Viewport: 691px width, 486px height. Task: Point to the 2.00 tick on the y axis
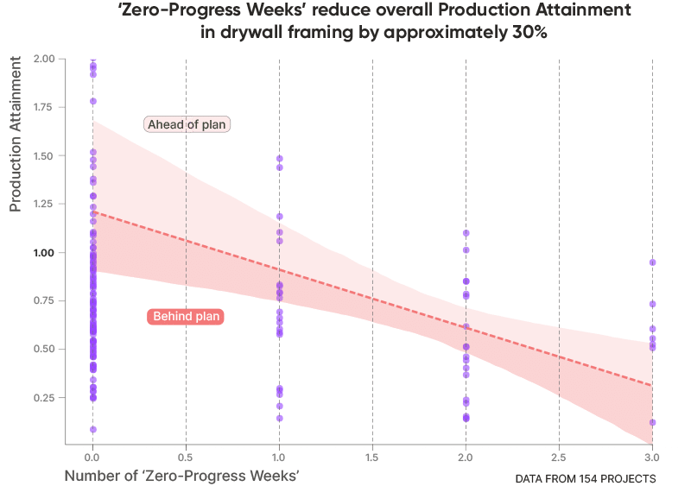(44, 59)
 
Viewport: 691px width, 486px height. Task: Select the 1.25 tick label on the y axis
(44, 204)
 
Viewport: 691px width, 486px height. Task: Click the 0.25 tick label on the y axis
(44, 398)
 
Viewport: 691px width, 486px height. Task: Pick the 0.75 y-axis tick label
(44, 301)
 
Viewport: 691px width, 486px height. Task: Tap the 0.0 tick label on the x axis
(92, 455)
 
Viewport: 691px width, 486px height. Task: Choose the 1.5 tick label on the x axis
(372, 455)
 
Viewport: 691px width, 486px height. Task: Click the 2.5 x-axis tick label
(559, 455)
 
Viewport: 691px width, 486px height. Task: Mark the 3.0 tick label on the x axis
(652, 455)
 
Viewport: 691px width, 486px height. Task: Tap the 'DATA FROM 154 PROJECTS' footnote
(585, 477)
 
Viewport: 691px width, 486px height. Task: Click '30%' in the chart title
(528, 31)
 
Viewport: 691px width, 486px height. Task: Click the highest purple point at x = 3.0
(653, 262)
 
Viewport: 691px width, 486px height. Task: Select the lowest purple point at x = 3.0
(653, 422)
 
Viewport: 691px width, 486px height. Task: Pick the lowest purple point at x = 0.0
(92, 428)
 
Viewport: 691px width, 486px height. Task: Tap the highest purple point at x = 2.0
(466, 233)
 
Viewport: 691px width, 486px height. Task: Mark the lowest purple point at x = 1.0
(279, 418)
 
